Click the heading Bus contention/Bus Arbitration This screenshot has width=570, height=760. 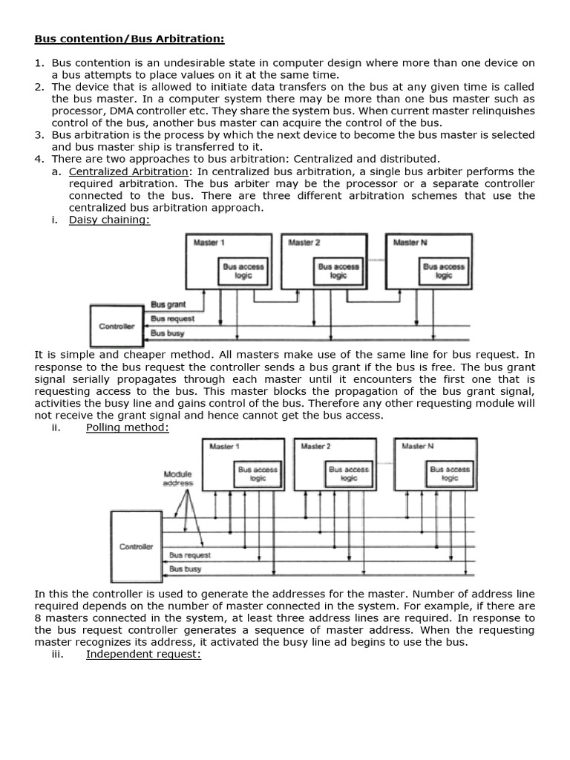pyautogui.click(x=129, y=39)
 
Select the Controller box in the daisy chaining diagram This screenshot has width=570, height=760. pyautogui.click(x=117, y=326)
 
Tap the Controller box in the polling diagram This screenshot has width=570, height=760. pyautogui.click(x=136, y=547)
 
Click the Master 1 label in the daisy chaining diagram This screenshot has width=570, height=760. pyautogui.click(x=209, y=243)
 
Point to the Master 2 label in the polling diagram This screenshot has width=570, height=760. pyautogui.click(x=316, y=446)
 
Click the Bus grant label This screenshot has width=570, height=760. pyautogui.click(x=168, y=304)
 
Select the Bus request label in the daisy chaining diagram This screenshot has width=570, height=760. pyautogui.click(x=172, y=318)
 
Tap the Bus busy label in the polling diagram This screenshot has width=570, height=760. pyautogui.click(x=186, y=569)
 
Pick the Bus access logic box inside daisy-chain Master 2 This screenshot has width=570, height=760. pyautogui.click(x=338, y=271)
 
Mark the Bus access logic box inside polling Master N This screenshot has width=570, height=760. pyautogui.click(x=450, y=474)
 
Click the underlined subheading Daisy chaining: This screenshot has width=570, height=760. pyautogui.click(x=109, y=220)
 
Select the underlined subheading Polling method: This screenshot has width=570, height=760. pyautogui.click(x=128, y=427)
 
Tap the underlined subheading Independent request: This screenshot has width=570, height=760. pyautogui.click(x=143, y=654)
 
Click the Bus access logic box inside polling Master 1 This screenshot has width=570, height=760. pyautogui.click(x=258, y=474)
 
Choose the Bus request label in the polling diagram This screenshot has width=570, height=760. pyautogui.click(x=189, y=554)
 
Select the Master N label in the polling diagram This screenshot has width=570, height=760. pyautogui.click(x=417, y=446)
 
